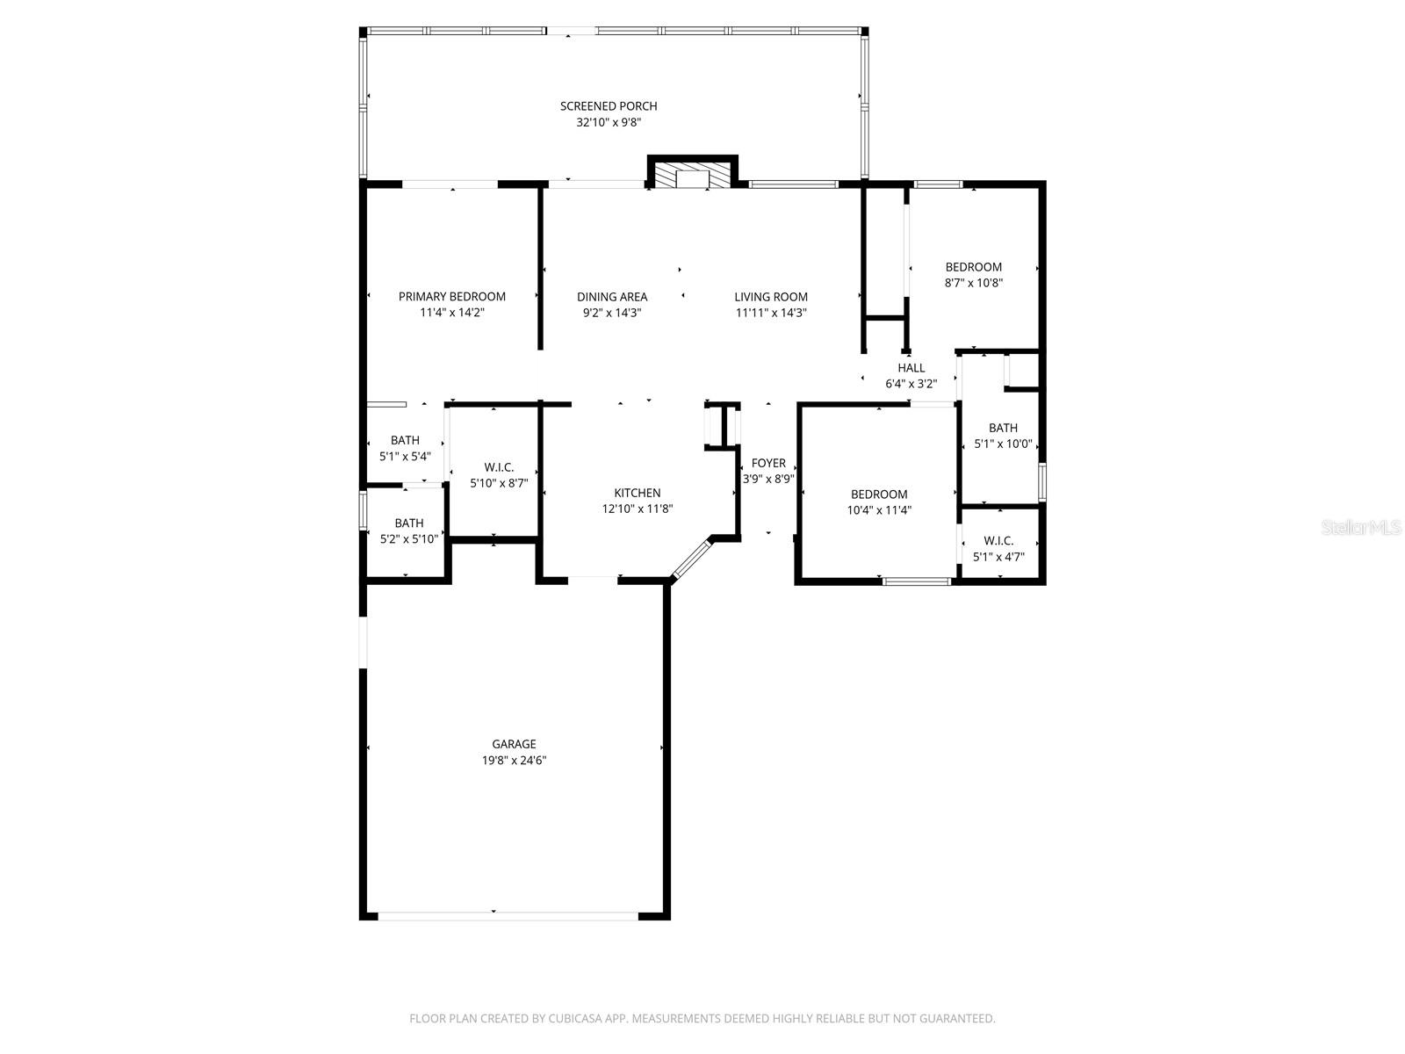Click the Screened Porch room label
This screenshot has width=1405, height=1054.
tap(609, 106)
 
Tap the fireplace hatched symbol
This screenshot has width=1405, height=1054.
tap(693, 176)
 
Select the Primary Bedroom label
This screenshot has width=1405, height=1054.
tap(451, 297)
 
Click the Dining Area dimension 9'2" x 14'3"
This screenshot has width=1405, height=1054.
tap(612, 313)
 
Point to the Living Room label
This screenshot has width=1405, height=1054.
tap(770, 297)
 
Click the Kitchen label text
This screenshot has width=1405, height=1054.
tap(637, 493)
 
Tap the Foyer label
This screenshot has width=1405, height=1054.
tap(768, 464)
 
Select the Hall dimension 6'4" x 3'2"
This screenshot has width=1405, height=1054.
tap(911, 384)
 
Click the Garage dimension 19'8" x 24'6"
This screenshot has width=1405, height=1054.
tap(514, 761)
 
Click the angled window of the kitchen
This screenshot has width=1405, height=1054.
tap(692, 559)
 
